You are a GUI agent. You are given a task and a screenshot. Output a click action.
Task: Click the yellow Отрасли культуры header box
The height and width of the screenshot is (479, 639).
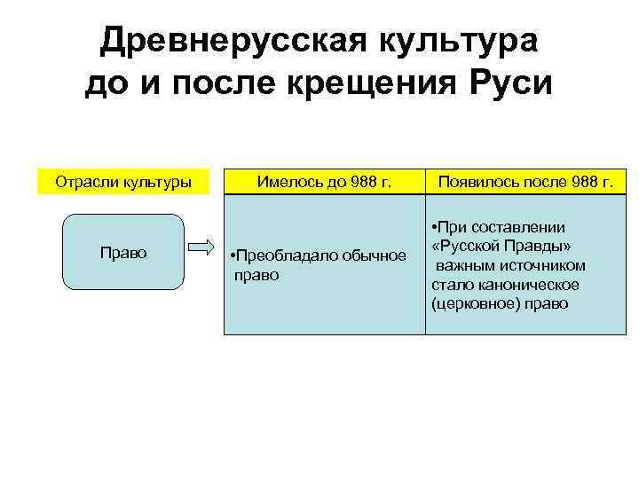coord(123,183)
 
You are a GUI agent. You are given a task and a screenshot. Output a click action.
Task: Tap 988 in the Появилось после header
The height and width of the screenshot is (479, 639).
coord(577,183)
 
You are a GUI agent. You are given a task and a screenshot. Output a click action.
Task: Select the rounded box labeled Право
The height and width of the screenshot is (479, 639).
coord(123,251)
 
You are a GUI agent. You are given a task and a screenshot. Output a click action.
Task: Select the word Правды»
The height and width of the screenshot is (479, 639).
coord(539,246)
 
